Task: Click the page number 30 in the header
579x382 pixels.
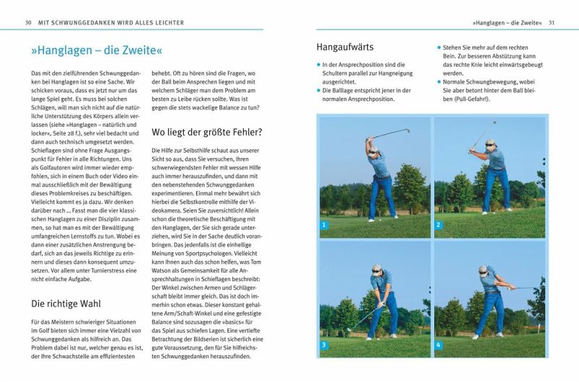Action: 28,22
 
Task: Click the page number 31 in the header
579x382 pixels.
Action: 551,22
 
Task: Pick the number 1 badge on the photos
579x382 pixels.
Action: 325,225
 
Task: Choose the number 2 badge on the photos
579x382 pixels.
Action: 438,225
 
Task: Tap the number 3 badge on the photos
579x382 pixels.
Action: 325,344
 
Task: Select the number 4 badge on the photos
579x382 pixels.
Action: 438,344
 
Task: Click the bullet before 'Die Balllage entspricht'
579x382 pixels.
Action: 318,91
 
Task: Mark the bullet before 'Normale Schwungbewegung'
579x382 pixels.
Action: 439,83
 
